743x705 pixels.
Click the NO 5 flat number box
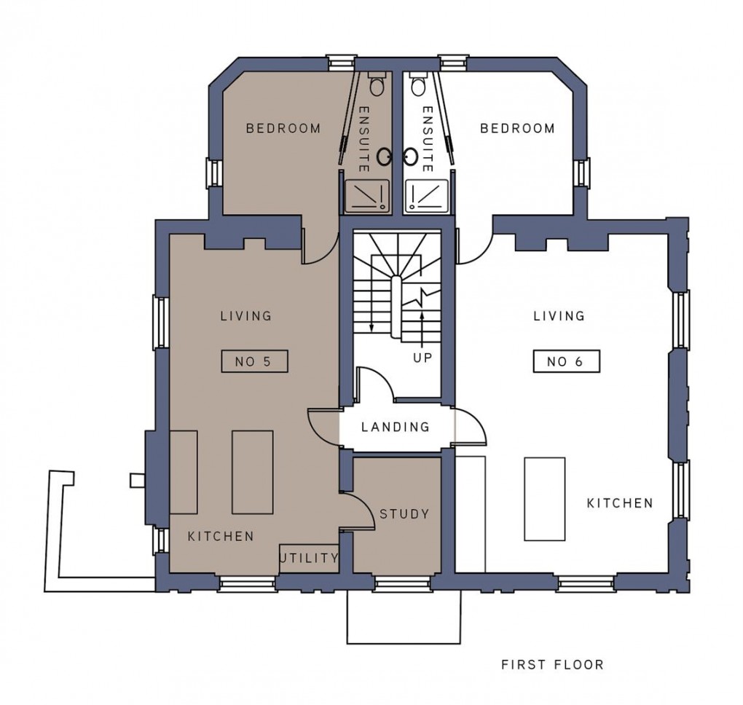[255, 361]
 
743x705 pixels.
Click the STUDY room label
[404, 514]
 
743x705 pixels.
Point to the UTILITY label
[310, 559]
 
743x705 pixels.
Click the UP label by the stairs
[423, 358]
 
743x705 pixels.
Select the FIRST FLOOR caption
[552, 664]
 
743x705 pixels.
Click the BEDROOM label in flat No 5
[283, 129]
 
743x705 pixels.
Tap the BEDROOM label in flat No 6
[517, 129]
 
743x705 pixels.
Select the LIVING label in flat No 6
[559, 316]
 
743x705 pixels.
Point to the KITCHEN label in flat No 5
[221, 536]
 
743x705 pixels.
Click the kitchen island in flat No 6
[544, 499]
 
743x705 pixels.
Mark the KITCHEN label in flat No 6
[620, 503]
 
